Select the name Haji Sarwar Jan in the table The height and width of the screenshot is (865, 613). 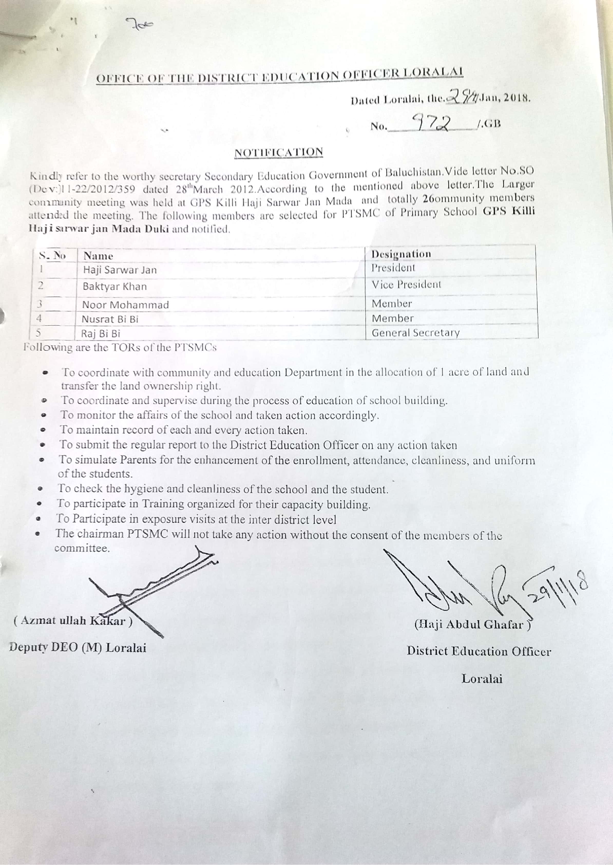[x=120, y=270]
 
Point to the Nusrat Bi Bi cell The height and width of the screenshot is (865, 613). [x=110, y=319]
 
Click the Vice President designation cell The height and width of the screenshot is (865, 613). [x=406, y=285]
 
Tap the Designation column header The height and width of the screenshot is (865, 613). [x=401, y=254]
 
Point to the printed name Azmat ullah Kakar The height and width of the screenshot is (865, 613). [x=73, y=621]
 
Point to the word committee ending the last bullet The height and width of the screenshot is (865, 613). [x=82, y=548]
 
